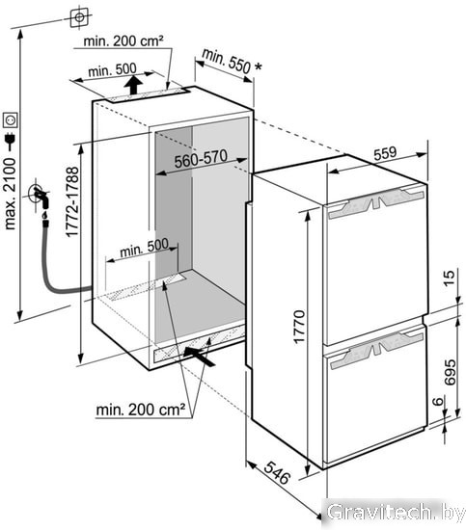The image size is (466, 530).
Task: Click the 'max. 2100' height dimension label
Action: coord(10,194)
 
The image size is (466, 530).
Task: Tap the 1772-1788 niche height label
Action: coord(72,201)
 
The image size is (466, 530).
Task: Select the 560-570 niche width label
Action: coord(201,159)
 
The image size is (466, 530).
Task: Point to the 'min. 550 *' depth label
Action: coord(232,61)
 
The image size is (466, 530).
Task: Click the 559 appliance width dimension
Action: coord(385,153)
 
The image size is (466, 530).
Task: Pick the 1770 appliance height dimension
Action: coord(299,327)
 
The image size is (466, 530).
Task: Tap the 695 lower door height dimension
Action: coord(450,373)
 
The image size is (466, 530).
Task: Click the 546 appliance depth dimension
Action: coord(277,472)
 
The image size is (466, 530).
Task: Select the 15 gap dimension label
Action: coord(449,278)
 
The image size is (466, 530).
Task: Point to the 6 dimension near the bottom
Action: coord(438,401)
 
